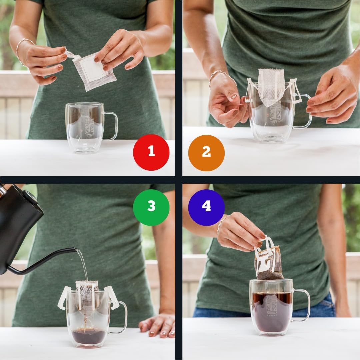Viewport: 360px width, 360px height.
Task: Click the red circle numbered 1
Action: [151, 152]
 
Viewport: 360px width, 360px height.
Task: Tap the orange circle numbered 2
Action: [206, 153]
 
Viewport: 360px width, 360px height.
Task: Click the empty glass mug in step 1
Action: [85, 127]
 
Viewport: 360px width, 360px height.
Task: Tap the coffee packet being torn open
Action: [95, 72]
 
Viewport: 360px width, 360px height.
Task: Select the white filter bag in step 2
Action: [271, 87]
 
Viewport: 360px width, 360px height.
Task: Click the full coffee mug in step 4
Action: [271, 307]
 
